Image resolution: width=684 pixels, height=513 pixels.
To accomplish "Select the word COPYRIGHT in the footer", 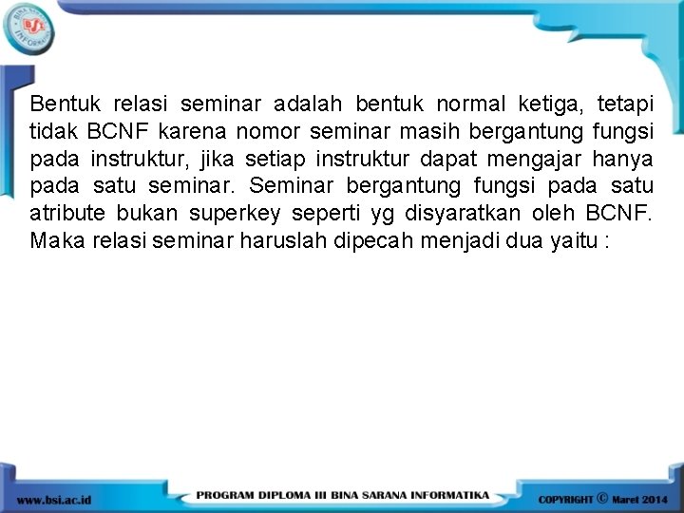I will coord(566,499).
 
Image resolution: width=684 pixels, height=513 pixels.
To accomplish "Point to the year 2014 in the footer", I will coord(655,499).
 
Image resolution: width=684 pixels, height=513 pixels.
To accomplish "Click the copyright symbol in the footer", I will coord(602,497).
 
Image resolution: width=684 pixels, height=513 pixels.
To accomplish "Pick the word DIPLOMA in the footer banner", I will coord(303,496).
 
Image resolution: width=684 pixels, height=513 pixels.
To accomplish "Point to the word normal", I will coord(472,103).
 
